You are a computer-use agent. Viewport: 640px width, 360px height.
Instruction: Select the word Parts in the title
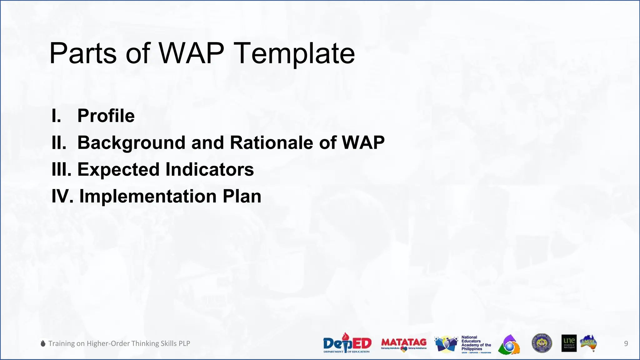[x=83, y=54]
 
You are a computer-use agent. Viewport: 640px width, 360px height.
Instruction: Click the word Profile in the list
[x=106, y=116]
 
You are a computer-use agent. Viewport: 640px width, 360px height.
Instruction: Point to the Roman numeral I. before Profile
[x=56, y=116]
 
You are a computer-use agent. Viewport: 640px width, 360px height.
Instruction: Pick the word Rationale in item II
[x=271, y=143]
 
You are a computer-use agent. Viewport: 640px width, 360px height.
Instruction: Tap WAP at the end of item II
[x=363, y=143]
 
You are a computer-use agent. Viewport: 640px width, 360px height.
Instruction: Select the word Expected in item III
[x=118, y=170]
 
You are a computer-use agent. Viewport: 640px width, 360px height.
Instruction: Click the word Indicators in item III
[x=209, y=170]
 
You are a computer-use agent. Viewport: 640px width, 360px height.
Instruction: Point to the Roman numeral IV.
[x=62, y=197]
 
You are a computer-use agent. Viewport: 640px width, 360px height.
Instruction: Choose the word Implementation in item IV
[x=148, y=197]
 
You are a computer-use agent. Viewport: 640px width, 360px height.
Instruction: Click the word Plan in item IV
[x=242, y=197]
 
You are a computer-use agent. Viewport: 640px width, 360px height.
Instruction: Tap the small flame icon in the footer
[x=43, y=343]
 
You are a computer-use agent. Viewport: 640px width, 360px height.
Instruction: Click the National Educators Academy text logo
[x=476, y=343]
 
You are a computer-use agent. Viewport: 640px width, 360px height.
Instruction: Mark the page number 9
[x=626, y=344]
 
